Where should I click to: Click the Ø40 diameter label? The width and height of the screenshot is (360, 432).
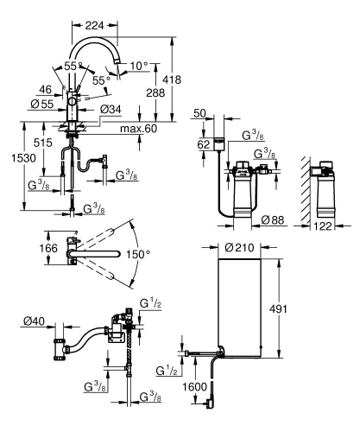(34, 322)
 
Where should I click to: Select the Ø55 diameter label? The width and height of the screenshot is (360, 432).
(43, 102)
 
